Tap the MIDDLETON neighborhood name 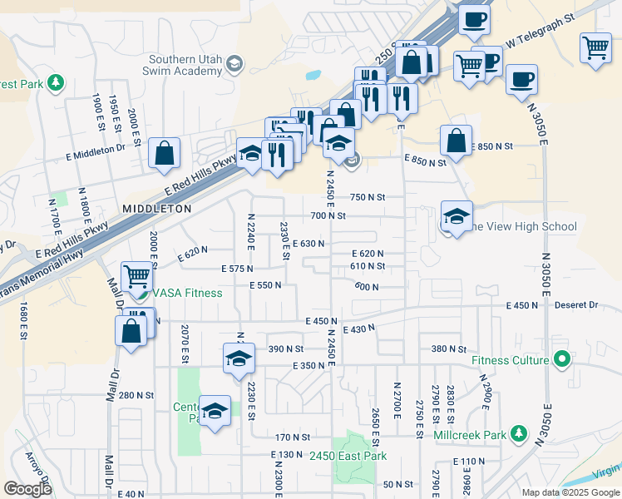point(156,208)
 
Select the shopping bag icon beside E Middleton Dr point(165,153)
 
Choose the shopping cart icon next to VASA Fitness point(137,275)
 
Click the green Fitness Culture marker point(562,360)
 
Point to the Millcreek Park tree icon point(519,434)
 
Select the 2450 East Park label point(348,456)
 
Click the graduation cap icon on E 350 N point(239,358)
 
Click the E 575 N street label point(237,269)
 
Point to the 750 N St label point(368,197)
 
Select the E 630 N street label point(308,244)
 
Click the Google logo point(27,488)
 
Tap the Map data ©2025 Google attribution point(570,492)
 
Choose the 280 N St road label point(136,395)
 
